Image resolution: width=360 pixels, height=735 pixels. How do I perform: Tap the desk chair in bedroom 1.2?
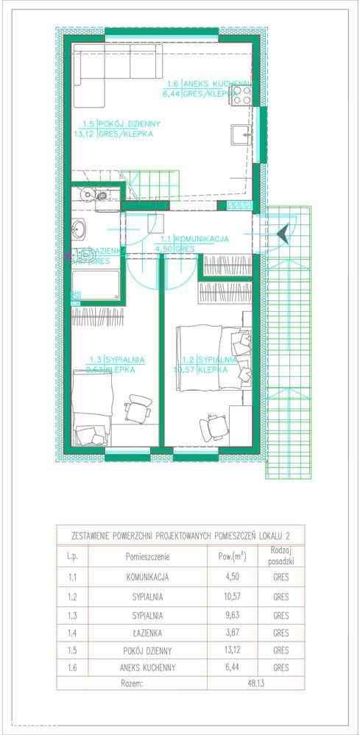[214, 425]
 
